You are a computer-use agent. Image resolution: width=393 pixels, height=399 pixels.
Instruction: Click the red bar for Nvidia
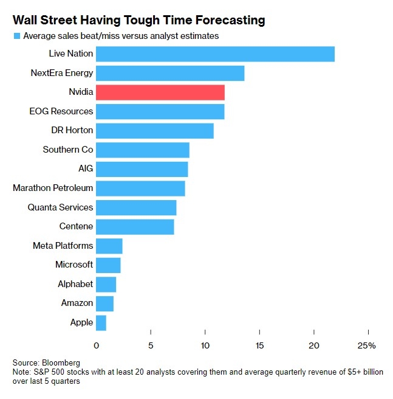[x=160, y=92]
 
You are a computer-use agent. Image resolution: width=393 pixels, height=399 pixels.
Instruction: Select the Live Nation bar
[x=215, y=54]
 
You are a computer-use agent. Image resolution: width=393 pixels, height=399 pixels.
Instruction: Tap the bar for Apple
[x=101, y=322]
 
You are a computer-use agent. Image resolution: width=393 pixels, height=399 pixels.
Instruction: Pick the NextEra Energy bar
[x=170, y=73]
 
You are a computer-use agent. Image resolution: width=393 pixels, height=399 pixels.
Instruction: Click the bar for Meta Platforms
[x=109, y=246]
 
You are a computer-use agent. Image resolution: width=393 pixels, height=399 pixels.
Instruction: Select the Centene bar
[x=135, y=226]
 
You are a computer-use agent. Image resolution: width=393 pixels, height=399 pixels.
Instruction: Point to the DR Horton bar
[x=155, y=131]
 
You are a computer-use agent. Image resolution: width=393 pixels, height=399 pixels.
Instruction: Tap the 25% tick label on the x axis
[x=367, y=345]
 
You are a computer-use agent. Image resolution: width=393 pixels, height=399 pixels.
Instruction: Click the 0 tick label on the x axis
[x=96, y=345]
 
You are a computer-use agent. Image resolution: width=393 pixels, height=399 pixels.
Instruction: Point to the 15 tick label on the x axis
[x=259, y=345]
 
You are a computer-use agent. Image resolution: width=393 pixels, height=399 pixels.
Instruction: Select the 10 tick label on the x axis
[x=205, y=345]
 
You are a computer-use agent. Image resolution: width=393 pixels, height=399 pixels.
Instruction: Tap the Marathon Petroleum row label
[x=53, y=188]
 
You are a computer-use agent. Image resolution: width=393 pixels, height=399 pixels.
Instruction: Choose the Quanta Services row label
[x=60, y=207]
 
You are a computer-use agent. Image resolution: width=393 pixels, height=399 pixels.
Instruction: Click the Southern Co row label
[x=68, y=150]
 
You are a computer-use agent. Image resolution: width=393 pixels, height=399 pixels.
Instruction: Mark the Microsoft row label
[x=74, y=265]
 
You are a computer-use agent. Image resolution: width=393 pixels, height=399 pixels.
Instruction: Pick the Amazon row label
[x=77, y=303]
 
